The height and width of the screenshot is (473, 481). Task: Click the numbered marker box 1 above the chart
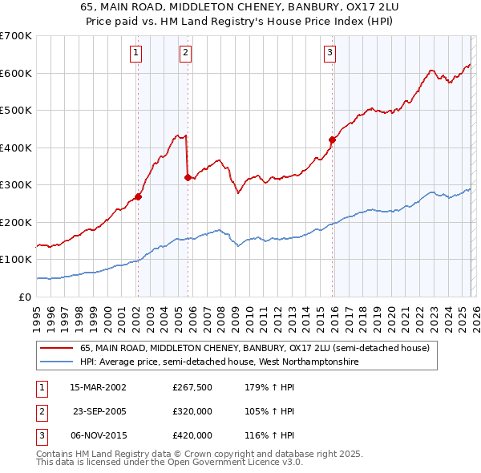[137, 54]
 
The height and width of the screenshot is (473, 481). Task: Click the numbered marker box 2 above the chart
[186, 54]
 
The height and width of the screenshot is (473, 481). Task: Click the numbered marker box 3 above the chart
[329, 54]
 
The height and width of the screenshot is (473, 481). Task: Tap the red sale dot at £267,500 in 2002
[138, 196]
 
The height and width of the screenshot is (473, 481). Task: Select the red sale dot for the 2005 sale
[188, 177]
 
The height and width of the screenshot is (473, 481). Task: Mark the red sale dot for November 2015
[332, 139]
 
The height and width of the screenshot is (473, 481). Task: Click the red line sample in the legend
[58, 349]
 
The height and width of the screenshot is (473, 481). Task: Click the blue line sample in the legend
[58, 362]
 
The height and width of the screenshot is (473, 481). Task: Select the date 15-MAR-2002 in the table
[98, 387]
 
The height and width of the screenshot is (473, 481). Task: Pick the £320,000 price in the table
[192, 411]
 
